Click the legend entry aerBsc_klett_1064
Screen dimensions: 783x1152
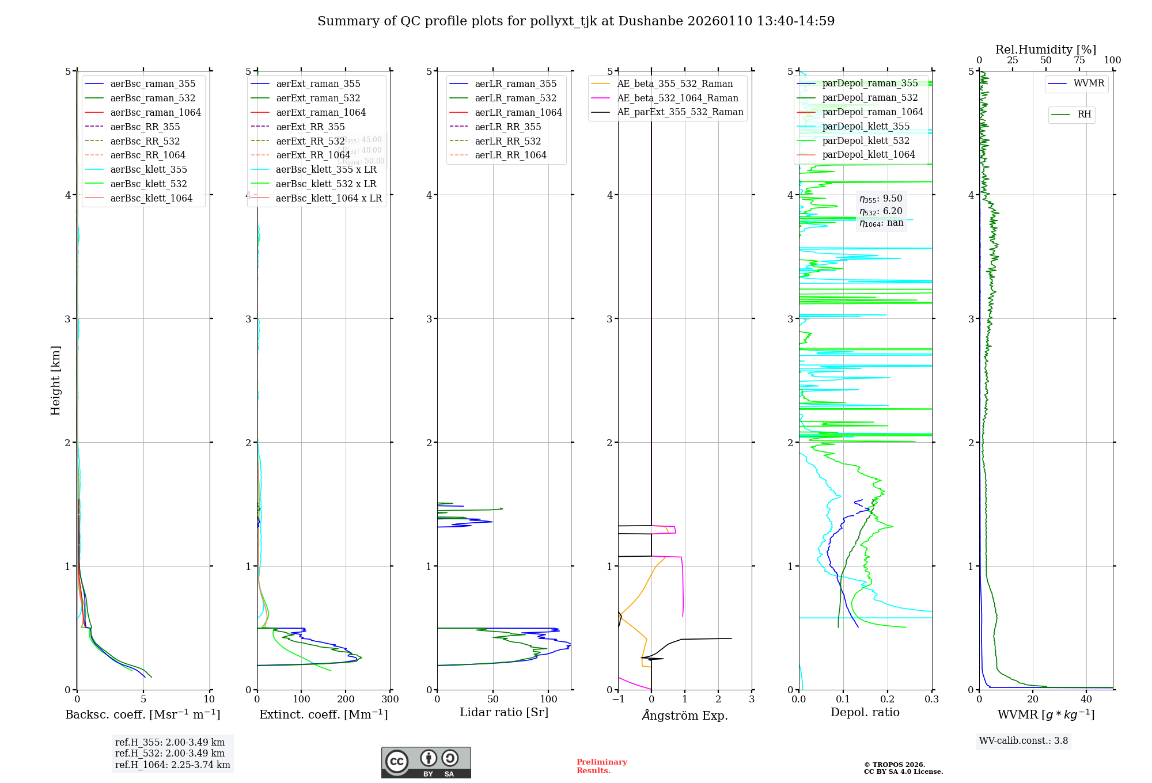[x=151, y=198]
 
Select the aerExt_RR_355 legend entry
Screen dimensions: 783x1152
[x=310, y=127]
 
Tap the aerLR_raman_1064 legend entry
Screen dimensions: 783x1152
[x=518, y=112]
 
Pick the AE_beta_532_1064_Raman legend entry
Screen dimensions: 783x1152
[x=677, y=98]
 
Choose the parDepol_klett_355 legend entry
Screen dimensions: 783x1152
[x=866, y=126]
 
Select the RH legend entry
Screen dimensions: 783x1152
[x=1084, y=115]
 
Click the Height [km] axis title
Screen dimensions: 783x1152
[x=55, y=380]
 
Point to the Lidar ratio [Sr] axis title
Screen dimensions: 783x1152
[x=504, y=712]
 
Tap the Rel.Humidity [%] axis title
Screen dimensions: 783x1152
[x=1045, y=50]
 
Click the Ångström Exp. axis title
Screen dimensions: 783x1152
[x=685, y=715]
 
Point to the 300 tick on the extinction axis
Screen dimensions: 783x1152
[x=390, y=699]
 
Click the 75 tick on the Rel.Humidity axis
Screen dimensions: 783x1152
[x=1079, y=60]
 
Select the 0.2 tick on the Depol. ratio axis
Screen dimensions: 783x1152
[x=888, y=699]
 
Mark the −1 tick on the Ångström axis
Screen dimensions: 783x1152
[x=618, y=699]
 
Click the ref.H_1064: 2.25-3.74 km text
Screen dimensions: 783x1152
[x=172, y=765]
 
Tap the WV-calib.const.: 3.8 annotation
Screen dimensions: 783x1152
[x=1024, y=740]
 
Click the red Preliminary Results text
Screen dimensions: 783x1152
[x=601, y=766]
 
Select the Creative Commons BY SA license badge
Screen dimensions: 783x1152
[x=426, y=762]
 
